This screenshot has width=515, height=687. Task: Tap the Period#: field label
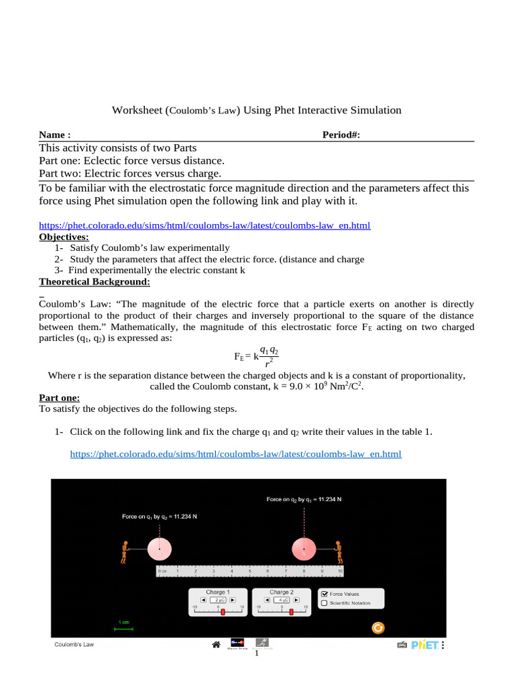[x=341, y=135]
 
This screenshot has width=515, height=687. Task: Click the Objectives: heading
[x=64, y=237]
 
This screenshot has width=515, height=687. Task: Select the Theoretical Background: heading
[x=95, y=281]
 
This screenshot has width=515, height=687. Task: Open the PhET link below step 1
[x=235, y=454]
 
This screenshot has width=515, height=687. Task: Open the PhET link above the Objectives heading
[x=205, y=226]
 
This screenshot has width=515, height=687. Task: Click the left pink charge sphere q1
[x=159, y=549]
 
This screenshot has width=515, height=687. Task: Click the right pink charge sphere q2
[x=304, y=549]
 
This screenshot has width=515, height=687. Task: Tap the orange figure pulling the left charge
[x=125, y=551]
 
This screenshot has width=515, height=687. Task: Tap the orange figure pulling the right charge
[x=338, y=551]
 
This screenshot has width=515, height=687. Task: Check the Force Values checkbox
[x=325, y=594]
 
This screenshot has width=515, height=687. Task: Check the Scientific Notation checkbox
[x=325, y=603]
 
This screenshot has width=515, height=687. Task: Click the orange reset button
[x=378, y=627]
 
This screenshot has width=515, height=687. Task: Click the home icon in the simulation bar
[x=216, y=645]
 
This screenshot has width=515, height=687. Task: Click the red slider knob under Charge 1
[x=223, y=611]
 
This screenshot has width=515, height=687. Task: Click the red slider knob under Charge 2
[x=291, y=611]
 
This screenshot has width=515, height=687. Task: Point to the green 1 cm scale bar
[x=124, y=629]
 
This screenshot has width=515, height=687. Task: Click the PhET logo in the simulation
[x=424, y=645]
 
